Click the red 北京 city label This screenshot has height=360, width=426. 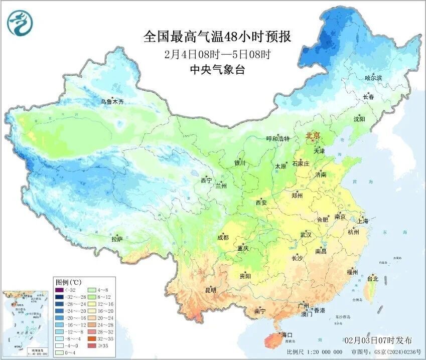coord(313,135)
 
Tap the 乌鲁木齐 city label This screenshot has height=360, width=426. coord(111,102)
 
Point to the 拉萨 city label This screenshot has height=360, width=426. coord(117,239)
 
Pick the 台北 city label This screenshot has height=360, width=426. coord(373,278)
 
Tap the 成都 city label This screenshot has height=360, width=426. coord(223,238)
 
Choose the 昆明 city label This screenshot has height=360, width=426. coord(210,290)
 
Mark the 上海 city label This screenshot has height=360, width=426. coord(362,221)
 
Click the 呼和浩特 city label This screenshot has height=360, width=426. coord(277,139)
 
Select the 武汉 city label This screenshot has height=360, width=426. coord(306,235)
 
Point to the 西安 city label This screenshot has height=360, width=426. coord(261,203)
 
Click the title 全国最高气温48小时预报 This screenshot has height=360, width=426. coord(217,37)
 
